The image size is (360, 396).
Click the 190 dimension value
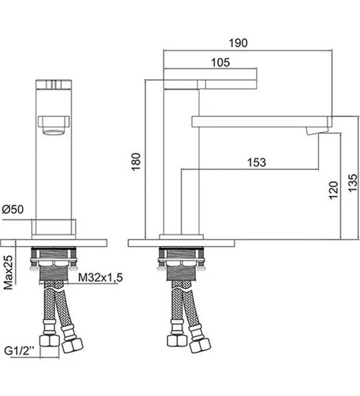click(238, 43)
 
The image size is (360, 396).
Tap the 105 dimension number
click(220, 62)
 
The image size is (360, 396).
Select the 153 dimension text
click(256, 163)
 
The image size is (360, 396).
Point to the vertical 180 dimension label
click(136, 162)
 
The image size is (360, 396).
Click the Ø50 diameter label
click(13, 209)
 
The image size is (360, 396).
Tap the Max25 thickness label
click(8, 272)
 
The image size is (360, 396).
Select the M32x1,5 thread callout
click(100, 278)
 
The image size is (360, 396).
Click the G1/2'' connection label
click(19, 351)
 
